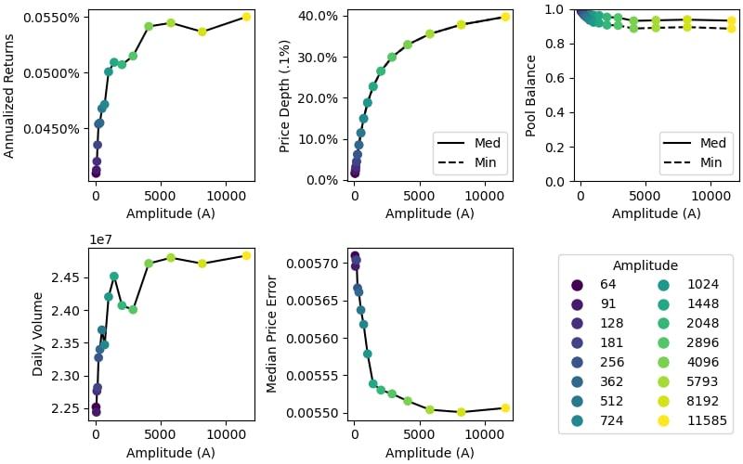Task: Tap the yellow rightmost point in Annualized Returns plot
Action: pos(246,17)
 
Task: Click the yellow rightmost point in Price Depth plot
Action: pos(505,17)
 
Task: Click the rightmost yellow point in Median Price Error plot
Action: pos(505,407)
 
